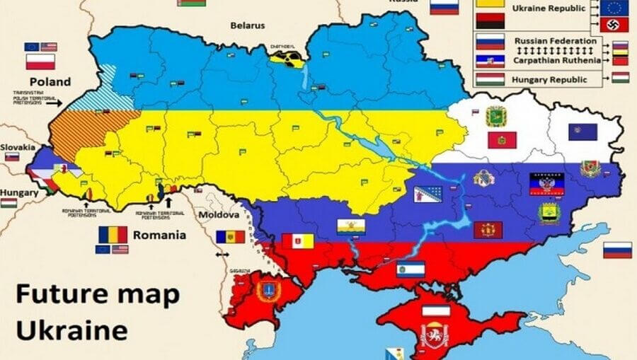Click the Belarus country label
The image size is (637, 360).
(247, 25)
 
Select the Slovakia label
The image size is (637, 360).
(18, 147)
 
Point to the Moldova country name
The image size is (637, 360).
(219, 214)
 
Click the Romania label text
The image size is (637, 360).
(159, 235)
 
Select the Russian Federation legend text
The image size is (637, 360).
(556, 41)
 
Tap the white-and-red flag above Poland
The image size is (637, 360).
(40, 62)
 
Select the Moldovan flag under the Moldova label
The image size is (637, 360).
(230, 236)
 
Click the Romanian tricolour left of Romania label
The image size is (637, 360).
(113, 234)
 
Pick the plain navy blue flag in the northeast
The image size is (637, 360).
(583, 132)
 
